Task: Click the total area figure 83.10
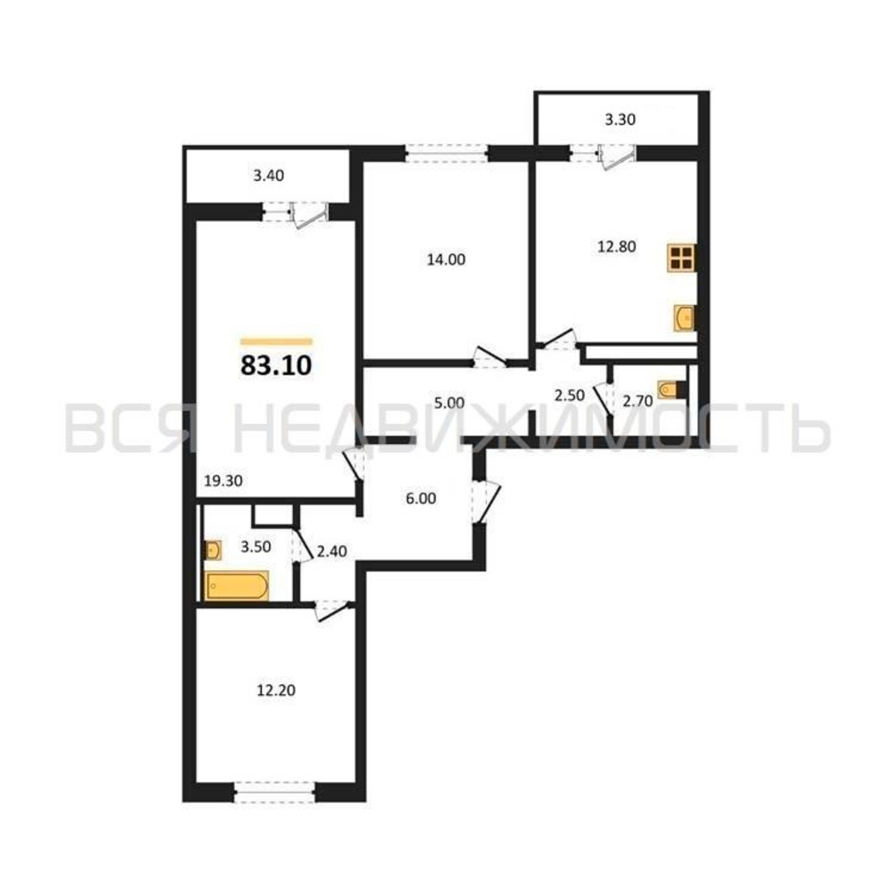276,366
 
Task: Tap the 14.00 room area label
446,260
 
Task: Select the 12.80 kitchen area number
617,247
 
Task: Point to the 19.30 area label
223,481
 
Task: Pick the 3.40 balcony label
268,175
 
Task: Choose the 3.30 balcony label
620,120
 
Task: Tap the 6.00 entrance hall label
421,499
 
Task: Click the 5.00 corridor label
449,403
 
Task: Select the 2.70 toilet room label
638,401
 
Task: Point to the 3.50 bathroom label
255,547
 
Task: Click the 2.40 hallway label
331,551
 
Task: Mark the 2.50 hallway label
569,395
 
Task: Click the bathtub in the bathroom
237,586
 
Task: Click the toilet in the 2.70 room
672,389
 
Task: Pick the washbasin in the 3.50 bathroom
213,550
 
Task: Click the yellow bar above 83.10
276,342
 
